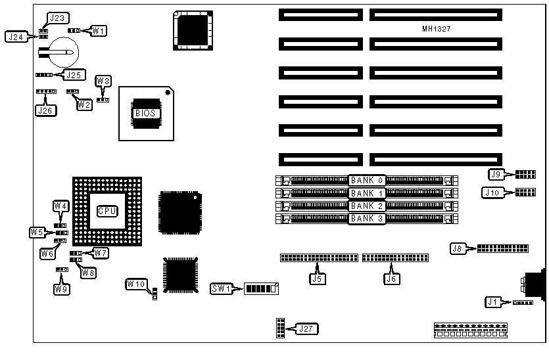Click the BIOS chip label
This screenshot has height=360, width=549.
[145, 113]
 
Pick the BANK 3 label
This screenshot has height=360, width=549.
[367, 218]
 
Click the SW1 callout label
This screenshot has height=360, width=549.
[220, 288]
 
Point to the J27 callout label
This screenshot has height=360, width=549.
[306, 328]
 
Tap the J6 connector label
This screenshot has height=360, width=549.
[392, 277]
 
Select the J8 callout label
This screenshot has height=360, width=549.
[458, 248]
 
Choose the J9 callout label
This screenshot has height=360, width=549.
[496, 175]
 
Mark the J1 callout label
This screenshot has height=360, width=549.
[492, 302]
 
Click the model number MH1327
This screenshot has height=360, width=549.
[437, 29]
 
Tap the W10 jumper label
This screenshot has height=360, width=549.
[137, 284]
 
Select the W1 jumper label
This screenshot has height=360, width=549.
[99, 30]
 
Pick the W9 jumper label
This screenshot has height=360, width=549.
[61, 288]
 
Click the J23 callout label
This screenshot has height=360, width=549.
[56, 18]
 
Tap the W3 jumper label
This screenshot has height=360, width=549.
[103, 81]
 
